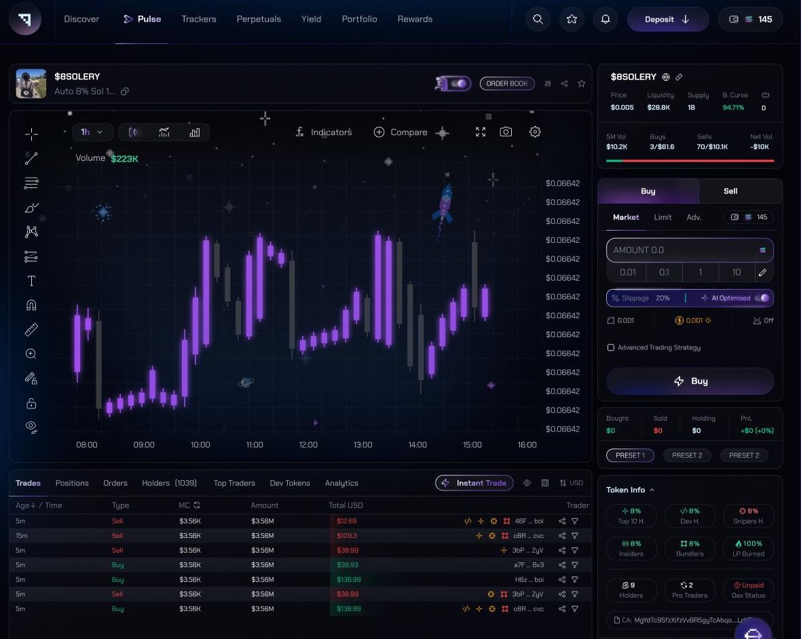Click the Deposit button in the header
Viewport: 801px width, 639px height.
(x=667, y=20)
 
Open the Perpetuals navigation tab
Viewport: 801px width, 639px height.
(x=259, y=19)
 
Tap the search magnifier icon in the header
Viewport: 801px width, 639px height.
(x=538, y=20)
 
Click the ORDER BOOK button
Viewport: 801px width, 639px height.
(x=507, y=83)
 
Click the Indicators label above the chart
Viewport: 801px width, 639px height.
(x=331, y=132)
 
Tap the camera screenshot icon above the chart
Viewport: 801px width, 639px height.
(x=506, y=132)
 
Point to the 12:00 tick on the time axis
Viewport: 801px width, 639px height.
(x=308, y=445)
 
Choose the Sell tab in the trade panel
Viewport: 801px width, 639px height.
(x=730, y=191)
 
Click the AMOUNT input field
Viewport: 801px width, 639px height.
(x=682, y=250)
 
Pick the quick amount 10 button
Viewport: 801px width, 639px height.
(x=737, y=272)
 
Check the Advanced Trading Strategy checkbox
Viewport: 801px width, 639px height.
(x=611, y=348)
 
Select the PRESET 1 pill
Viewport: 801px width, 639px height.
(x=630, y=455)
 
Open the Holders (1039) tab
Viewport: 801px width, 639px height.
(x=169, y=483)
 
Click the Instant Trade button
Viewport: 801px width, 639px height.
(x=474, y=483)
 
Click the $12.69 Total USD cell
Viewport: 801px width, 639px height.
(x=347, y=521)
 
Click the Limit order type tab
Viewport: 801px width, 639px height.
(x=663, y=217)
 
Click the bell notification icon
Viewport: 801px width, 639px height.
(x=606, y=20)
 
